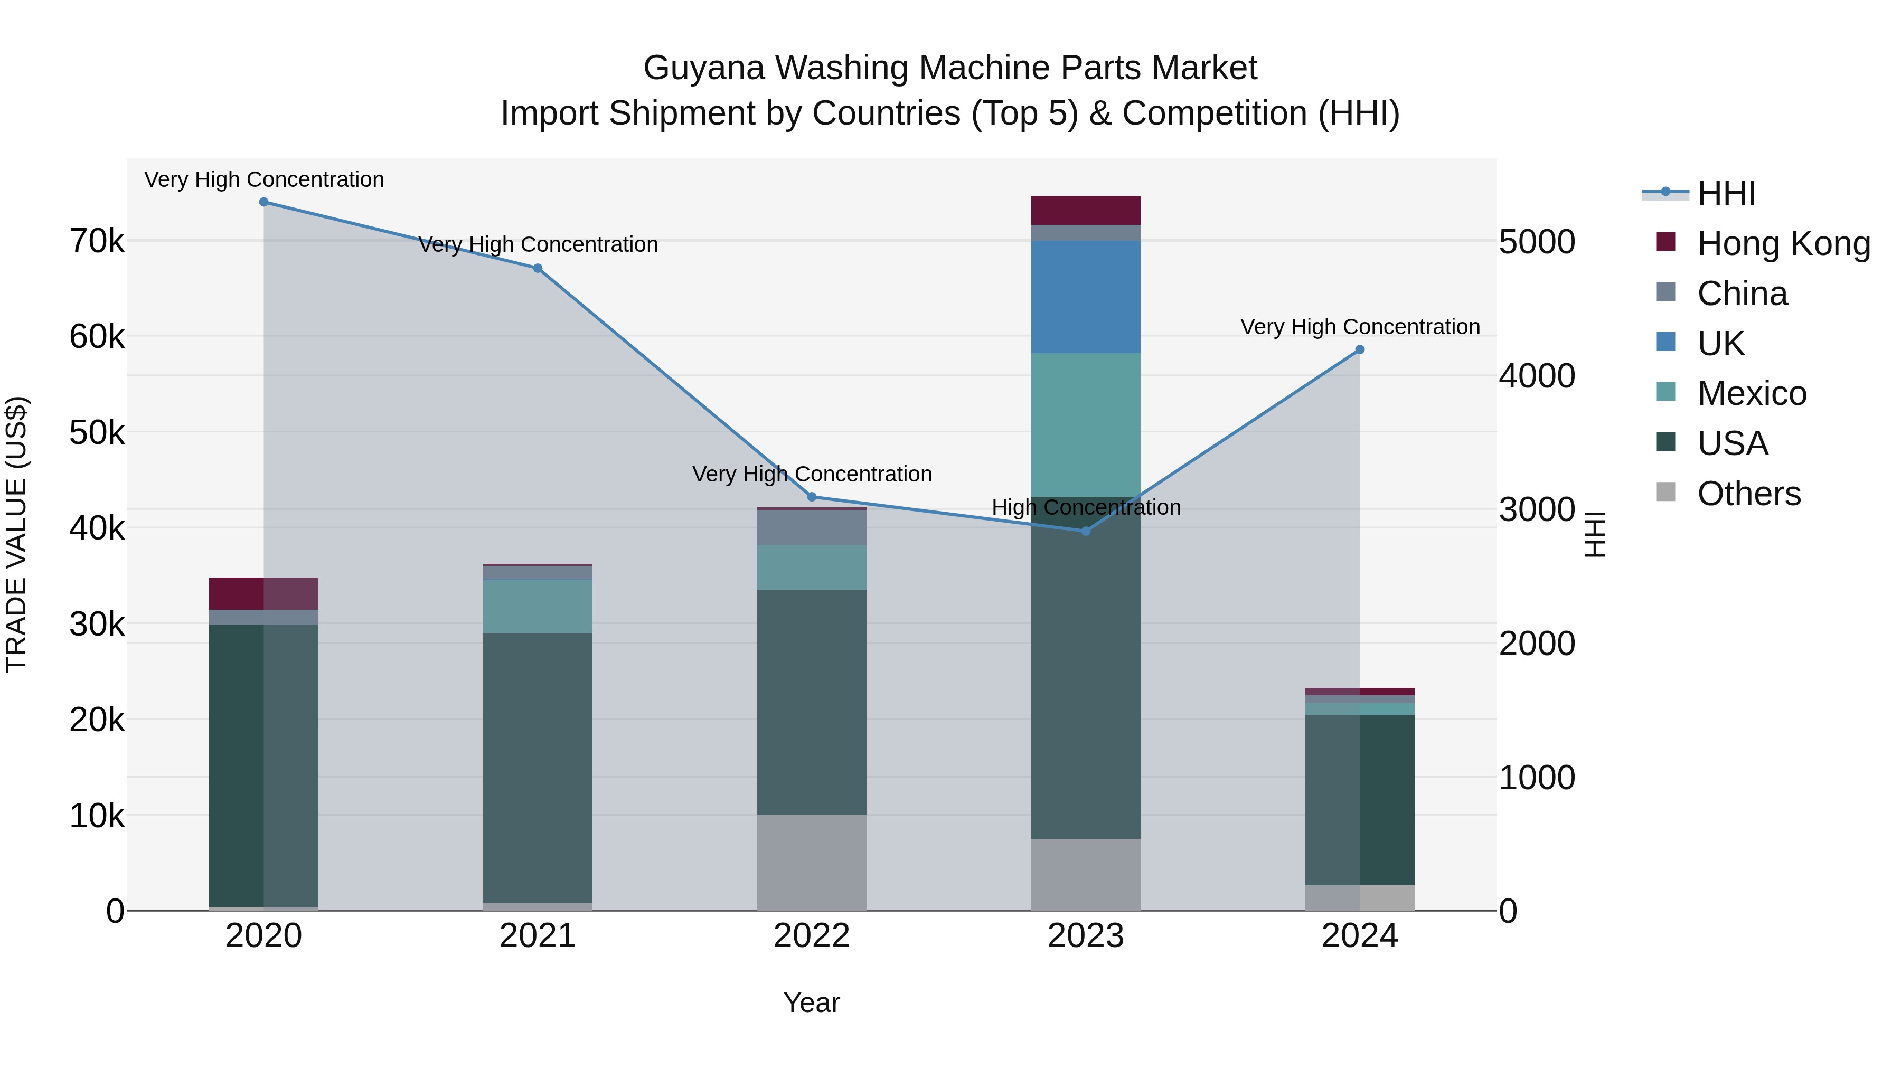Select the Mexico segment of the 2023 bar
coord(1086,424)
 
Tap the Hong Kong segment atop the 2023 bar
coord(1086,210)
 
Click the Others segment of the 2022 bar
coord(812,863)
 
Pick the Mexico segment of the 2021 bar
coord(537,607)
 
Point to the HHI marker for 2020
coord(263,202)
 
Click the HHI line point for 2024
coord(1360,349)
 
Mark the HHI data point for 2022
coord(812,497)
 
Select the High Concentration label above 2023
coord(1086,507)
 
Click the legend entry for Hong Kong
coord(1783,243)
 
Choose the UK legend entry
coord(1720,344)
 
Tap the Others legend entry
coord(1748,494)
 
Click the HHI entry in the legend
coord(1725,193)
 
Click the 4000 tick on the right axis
coord(1537,375)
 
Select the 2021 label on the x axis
coord(537,936)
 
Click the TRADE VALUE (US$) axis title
coord(16,534)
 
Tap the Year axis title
coord(812,1002)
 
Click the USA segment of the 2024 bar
coord(1360,800)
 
